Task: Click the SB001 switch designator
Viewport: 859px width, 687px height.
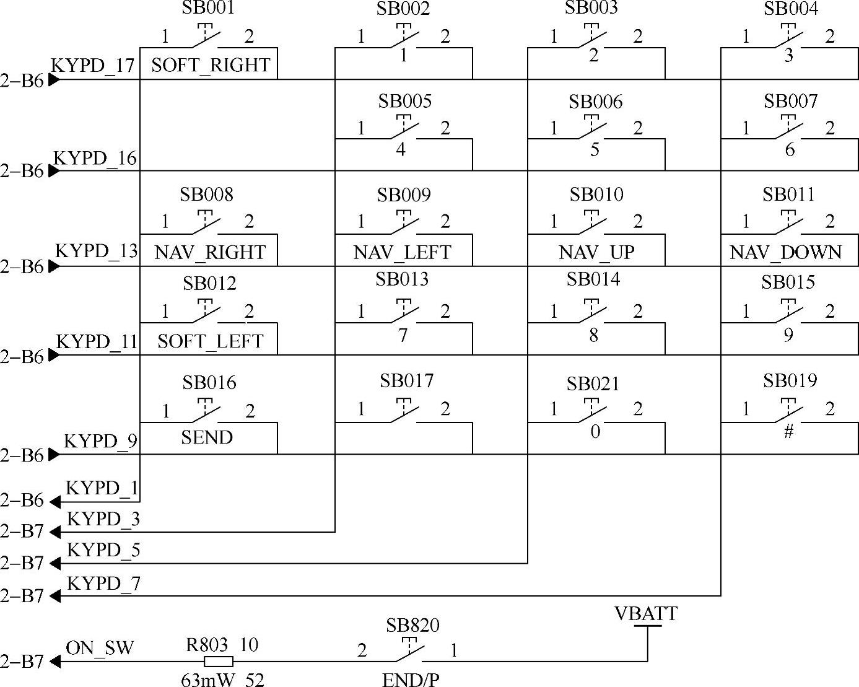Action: click(208, 7)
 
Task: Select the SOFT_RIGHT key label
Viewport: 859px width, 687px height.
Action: click(211, 64)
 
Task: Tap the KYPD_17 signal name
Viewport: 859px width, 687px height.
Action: click(93, 65)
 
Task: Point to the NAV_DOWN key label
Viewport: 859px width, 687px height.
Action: click(785, 252)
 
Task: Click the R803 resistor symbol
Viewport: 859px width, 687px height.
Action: click(219, 662)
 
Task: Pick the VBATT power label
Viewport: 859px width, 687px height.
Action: click(645, 614)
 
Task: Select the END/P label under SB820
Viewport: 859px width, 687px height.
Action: click(411, 680)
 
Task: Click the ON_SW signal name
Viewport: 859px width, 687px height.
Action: click(99, 648)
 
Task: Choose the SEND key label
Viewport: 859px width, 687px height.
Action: click(207, 437)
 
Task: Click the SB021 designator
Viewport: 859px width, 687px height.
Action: click(593, 384)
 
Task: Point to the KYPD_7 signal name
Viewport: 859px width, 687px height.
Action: click(103, 584)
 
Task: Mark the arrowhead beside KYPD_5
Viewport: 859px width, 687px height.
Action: click(55, 564)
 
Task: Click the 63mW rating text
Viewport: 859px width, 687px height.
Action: click(207, 680)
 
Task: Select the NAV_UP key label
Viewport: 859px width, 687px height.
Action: click(596, 252)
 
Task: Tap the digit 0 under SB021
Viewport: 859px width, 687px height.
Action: click(595, 432)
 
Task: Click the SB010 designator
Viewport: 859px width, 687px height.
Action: click(596, 195)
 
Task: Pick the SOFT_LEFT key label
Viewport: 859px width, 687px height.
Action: click(211, 341)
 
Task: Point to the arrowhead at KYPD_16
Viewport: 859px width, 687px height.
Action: click(55, 171)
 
